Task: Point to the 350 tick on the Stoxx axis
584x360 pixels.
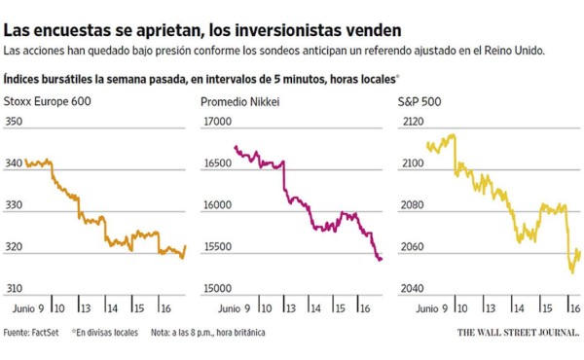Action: (14, 122)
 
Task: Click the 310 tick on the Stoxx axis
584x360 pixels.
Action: (14, 290)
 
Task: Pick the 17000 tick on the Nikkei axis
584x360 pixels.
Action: (216, 122)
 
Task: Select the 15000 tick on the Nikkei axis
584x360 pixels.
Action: (216, 290)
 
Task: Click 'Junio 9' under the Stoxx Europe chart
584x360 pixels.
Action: (27, 308)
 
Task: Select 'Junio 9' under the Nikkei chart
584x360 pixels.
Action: (223, 308)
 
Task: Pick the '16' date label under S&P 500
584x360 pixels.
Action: (575, 308)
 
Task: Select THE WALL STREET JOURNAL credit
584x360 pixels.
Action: (517, 333)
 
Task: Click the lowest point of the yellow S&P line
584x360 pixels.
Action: (571, 271)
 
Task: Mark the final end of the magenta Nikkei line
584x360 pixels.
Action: (382, 258)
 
